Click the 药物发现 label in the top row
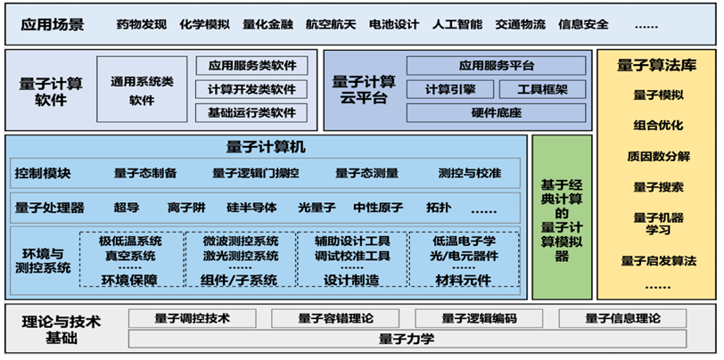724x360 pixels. pos(141,24)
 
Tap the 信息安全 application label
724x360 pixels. pos(583,24)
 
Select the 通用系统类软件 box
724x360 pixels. pos(142,89)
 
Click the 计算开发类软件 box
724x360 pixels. pos(251,89)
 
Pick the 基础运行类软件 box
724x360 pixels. pos(251,112)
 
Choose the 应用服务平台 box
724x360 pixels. pos(496,66)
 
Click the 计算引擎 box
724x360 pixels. pos(449,89)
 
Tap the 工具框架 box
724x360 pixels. pos(542,89)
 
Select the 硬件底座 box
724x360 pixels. pos(496,112)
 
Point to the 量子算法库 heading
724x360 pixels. pos(656,66)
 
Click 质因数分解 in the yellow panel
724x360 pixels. pos(658,156)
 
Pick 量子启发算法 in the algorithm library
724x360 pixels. pos(658,261)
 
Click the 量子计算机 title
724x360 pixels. pos(266,147)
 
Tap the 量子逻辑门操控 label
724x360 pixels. pos(255,174)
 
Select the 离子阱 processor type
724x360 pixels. pos(186,208)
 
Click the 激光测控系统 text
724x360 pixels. pos(241,255)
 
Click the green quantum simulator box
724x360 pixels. pos(562,217)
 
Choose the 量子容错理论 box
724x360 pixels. pos(335,318)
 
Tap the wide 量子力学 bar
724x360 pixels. pos(407,340)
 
